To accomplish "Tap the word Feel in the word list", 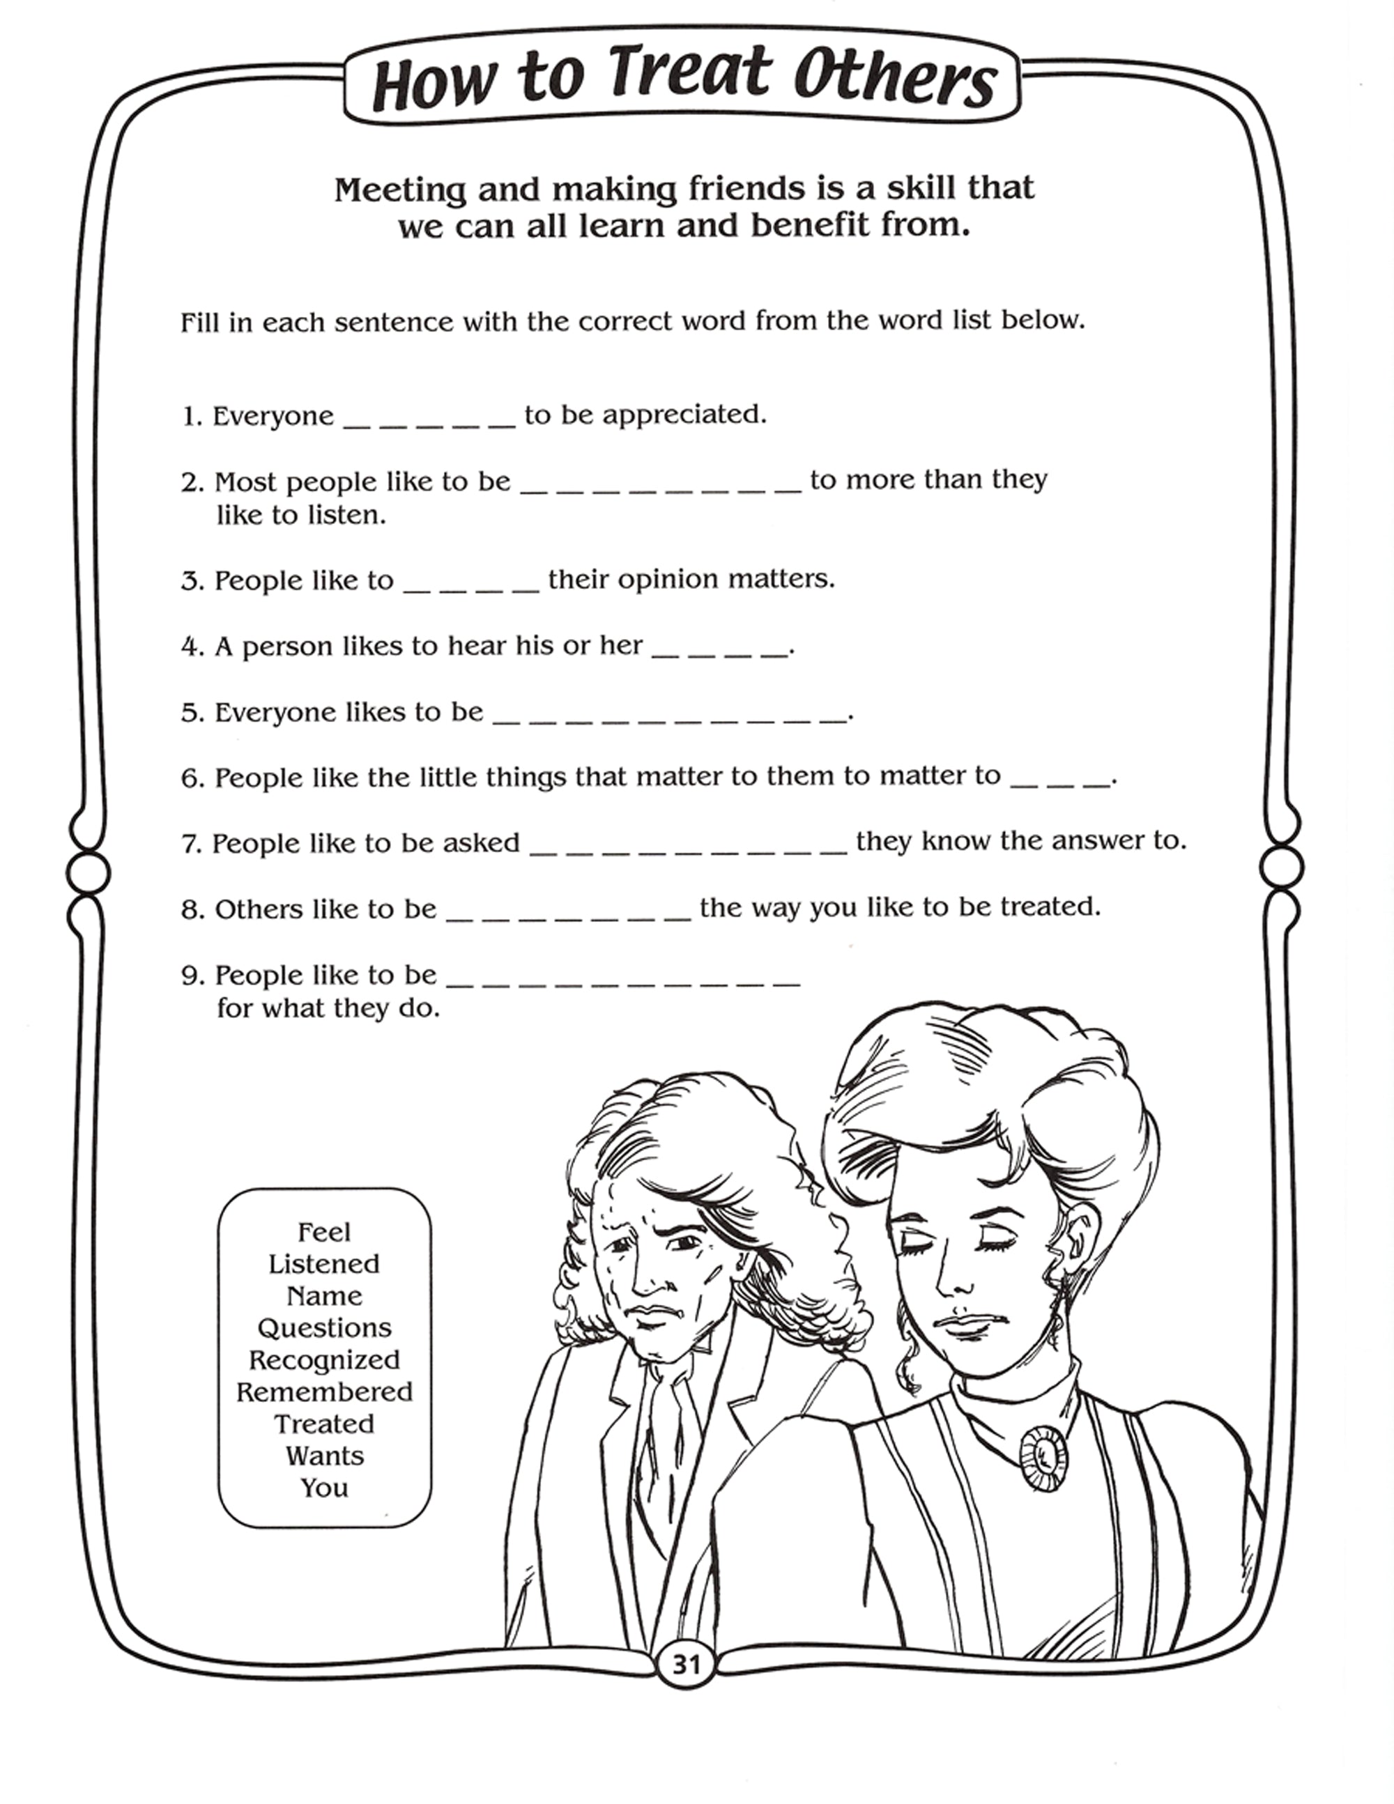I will (324, 1233).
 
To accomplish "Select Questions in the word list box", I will (324, 1328).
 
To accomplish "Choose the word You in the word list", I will (324, 1488).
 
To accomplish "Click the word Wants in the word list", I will (324, 1456).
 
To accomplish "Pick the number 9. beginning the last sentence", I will (192, 976).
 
